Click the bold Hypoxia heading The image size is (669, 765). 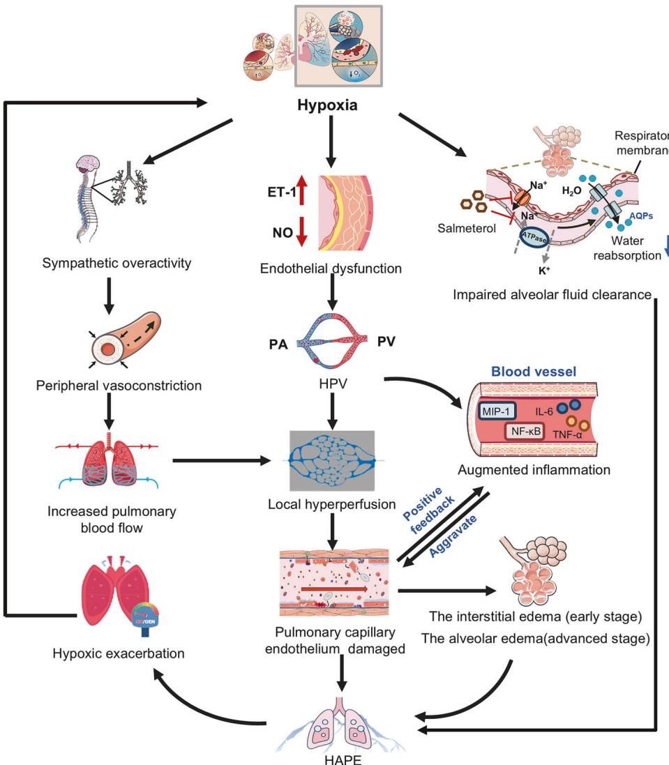tap(334, 107)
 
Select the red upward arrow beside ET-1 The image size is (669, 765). tap(302, 190)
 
